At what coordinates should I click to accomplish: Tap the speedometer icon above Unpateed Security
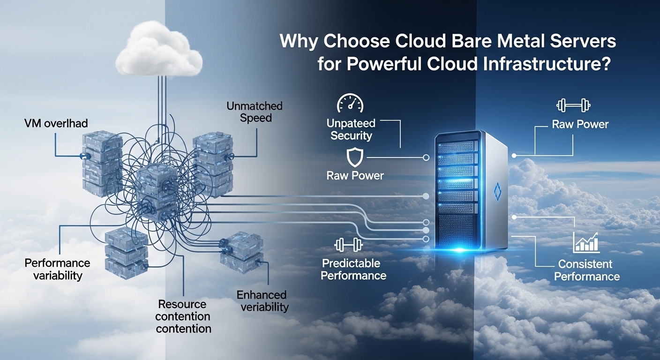click(x=350, y=104)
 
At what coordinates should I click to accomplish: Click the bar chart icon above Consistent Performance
click(x=586, y=242)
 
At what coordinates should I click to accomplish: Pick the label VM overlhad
click(x=56, y=123)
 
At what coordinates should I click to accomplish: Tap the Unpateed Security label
click(x=351, y=129)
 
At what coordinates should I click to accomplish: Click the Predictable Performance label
click(x=353, y=269)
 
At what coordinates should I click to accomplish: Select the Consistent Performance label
click(x=586, y=270)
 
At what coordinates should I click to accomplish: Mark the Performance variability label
click(x=58, y=269)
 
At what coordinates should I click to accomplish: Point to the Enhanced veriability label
click(x=262, y=301)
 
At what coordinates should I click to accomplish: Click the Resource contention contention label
click(x=183, y=316)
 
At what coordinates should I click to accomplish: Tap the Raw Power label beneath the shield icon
click(x=355, y=176)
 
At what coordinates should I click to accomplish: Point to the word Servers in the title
click(x=584, y=42)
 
